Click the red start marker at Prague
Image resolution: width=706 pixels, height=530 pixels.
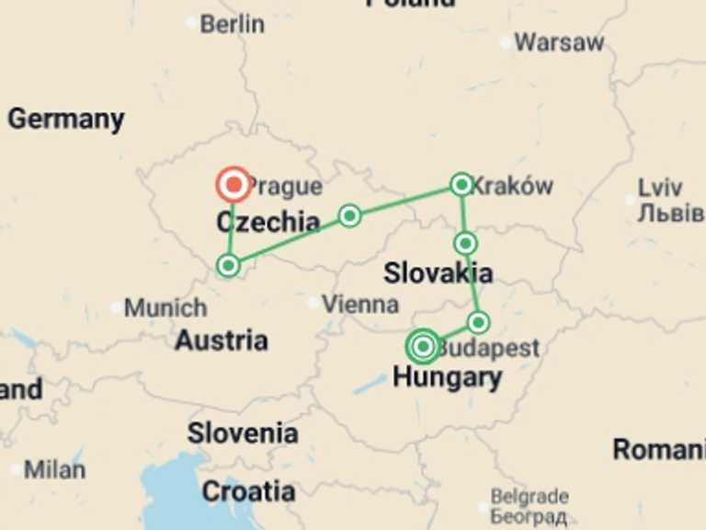[233, 185]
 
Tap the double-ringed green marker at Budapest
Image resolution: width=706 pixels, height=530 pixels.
[423, 346]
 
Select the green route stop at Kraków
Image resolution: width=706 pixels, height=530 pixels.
[461, 184]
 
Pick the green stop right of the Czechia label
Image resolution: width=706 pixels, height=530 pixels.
[349, 215]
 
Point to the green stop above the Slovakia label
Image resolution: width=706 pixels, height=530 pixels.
[466, 243]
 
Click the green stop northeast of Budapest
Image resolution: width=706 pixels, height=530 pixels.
[478, 322]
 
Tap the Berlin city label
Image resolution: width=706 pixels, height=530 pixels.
[231, 24]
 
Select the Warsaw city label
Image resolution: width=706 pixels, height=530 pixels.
[559, 42]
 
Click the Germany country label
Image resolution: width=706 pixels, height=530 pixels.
[65, 119]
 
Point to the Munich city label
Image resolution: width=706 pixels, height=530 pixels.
[165, 307]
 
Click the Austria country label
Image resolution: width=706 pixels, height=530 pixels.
[222, 340]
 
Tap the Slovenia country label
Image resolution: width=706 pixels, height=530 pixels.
[243, 433]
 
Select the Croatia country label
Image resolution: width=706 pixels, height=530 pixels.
[248, 491]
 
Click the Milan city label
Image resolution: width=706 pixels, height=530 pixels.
[54, 469]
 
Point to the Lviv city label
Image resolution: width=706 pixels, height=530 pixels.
[661, 188]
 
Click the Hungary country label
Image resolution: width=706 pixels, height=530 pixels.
[447, 377]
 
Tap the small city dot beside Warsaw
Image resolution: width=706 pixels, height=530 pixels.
[506, 42]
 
